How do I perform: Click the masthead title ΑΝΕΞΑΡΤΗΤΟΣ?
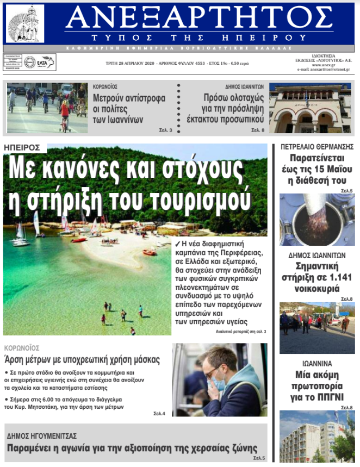coord(199,20)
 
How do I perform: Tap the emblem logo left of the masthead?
coord(25,24)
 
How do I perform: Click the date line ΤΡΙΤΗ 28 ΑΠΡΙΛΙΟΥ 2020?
coord(128,63)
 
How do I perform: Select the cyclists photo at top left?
coord(47,108)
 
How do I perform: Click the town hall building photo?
coord(310,108)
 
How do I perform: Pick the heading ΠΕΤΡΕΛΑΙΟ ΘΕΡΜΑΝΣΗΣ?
coord(317,147)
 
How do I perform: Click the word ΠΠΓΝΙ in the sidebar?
coord(331,397)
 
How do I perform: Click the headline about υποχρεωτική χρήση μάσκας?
coord(82,360)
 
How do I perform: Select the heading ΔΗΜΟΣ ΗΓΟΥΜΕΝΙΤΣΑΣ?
coord(42,436)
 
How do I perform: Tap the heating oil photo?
coord(317,219)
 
